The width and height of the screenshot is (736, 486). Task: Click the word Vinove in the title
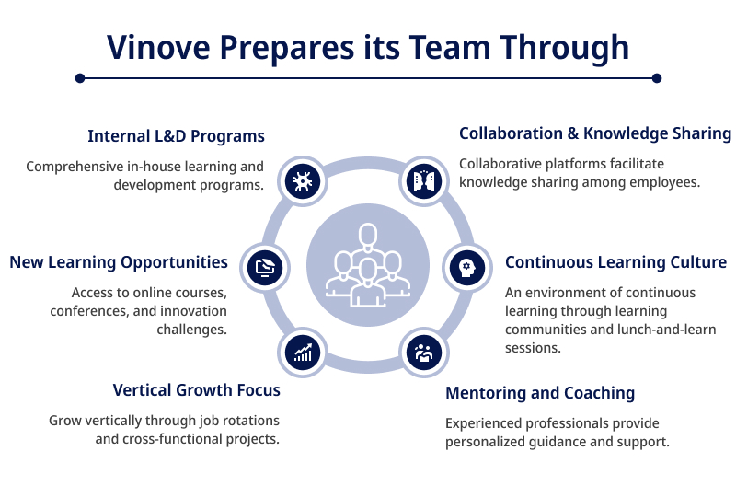[x=158, y=48]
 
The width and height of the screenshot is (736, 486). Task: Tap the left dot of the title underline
[x=80, y=78]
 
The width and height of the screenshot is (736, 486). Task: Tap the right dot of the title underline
[x=657, y=78]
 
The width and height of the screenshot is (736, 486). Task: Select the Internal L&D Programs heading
[x=176, y=136]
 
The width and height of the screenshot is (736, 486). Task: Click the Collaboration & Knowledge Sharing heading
[x=594, y=133]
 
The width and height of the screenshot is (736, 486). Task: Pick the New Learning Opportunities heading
[x=119, y=262]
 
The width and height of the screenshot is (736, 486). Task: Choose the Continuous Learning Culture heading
[x=615, y=262]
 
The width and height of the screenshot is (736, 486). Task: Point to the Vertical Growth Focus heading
[x=196, y=390]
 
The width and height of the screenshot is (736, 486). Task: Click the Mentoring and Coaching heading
[x=540, y=393]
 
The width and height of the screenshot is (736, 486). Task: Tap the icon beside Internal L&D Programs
[x=303, y=181]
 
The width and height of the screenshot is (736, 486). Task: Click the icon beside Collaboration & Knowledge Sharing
[x=424, y=181]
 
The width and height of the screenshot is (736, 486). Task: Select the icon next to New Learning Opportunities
[x=265, y=268]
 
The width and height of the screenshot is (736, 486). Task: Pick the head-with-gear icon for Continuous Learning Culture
[x=466, y=268]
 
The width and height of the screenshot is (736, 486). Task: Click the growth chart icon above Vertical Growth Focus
[x=303, y=353]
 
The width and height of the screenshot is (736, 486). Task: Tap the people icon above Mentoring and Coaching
[x=424, y=353]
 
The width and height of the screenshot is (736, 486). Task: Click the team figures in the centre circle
[x=367, y=265]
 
